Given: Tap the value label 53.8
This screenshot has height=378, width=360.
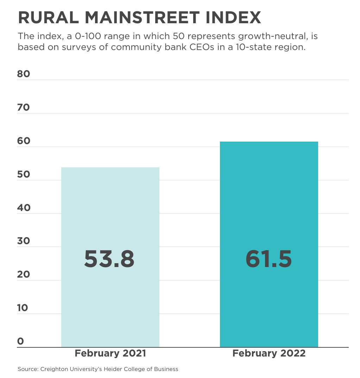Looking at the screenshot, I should [109, 259].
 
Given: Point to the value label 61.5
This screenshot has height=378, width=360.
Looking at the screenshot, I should [269, 259].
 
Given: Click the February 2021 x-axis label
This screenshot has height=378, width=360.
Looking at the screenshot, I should [110, 353].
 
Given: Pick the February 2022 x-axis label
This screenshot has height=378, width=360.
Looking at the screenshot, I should [269, 353].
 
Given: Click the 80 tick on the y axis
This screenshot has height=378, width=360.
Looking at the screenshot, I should [24, 74].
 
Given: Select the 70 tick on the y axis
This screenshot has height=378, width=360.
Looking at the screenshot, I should [24, 107].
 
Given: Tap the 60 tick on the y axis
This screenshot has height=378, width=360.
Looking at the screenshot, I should [24, 141].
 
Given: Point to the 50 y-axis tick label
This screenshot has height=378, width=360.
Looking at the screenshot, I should [24, 174].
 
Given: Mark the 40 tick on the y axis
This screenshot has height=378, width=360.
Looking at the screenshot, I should [24, 208].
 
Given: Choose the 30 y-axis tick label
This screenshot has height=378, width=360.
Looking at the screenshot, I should [24, 241].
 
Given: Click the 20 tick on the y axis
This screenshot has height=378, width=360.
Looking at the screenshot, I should [24, 274].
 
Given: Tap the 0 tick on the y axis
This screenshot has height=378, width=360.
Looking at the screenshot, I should [20, 341].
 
